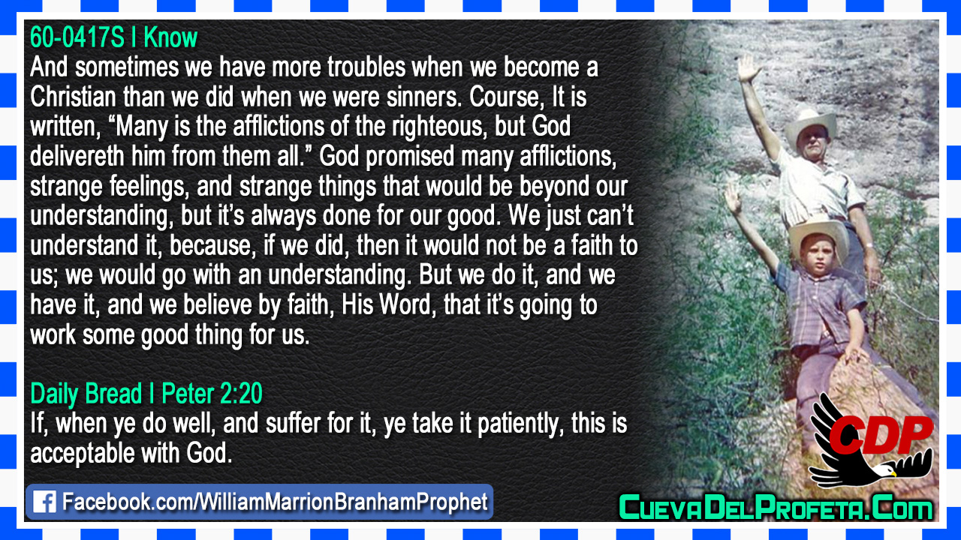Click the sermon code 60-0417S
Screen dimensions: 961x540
(77, 37)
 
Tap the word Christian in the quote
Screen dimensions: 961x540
(74, 97)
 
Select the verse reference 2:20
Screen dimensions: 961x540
(239, 394)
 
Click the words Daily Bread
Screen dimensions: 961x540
(86, 394)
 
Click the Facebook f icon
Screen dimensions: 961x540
(44, 502)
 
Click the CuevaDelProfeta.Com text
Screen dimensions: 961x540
(776, 508)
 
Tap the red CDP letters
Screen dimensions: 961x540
(881, 434)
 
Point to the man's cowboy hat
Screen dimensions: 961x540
(810, 127)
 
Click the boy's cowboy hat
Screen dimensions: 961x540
(818, 237)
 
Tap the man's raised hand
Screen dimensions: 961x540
(749, 67)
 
